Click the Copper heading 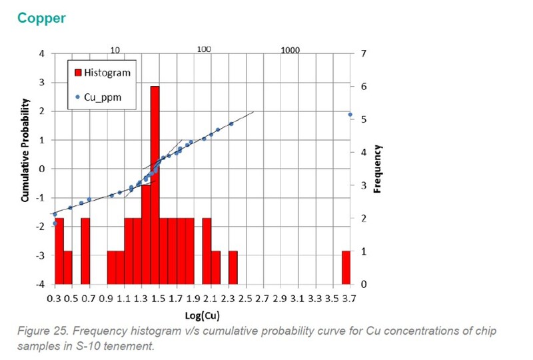click(x=41, y=18)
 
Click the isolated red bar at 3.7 click(x=346, y=267)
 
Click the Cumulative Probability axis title click(x=25, y=151)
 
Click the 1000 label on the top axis click(x=290, y=50)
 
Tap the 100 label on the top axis click(x=204, y=50)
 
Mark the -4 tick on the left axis click(x=41, y=285)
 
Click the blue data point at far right click(x=350, y=115)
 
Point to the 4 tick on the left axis click(x=43, y=53)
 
